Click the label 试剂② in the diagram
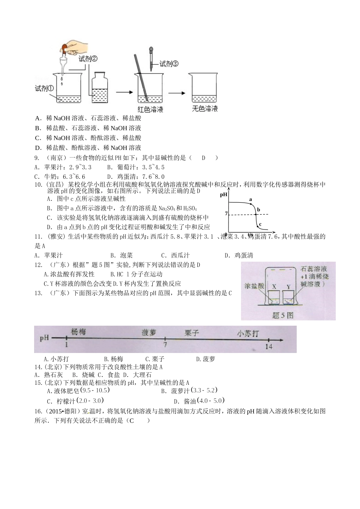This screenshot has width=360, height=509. [88, 59]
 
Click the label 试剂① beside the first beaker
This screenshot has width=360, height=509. [44, 89]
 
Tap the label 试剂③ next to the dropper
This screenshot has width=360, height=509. [169, 64]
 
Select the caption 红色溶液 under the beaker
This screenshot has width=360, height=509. [150, 109]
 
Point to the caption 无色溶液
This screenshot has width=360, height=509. [205, 109]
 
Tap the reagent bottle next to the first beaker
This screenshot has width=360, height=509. [100, 88]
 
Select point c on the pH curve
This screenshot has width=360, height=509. [257, 226]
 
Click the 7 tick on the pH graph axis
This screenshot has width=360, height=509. [226, 214]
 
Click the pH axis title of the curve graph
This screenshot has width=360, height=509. [224, 195]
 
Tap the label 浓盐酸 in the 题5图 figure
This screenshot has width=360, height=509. [254, 286]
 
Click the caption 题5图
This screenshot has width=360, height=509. [282, 315]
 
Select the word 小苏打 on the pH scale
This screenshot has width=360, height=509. [248, 334]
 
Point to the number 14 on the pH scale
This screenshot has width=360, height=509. [268, 346]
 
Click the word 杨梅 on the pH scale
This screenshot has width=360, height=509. [78, 332]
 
